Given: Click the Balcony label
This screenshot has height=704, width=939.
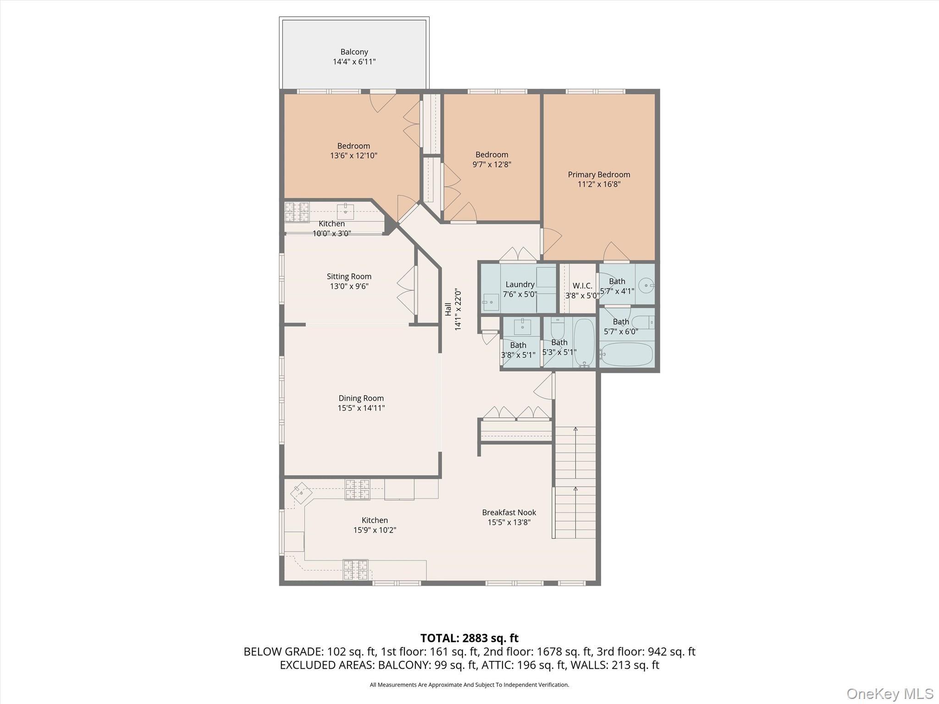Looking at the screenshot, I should [354, 52].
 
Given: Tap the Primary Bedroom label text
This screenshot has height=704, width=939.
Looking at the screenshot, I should [599, 175].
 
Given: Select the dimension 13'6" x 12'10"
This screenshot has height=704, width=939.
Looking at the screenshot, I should [354, 156].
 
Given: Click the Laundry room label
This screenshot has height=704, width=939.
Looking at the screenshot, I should [520, 284].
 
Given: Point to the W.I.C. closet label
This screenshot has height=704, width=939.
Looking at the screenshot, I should [582, 286].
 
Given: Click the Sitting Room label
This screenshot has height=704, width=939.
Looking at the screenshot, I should [349, 276].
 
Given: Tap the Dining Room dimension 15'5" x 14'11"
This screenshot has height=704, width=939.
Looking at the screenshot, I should [361, 408].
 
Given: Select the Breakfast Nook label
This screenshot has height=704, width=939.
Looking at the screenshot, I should [509, 512].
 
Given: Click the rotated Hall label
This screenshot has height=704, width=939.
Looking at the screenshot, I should [448, 309].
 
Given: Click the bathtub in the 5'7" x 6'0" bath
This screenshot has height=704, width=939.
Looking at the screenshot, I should [626, 355].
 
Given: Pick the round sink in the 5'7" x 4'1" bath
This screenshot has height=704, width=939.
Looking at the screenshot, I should [647, 286].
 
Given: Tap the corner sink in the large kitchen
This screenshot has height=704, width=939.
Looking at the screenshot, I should [301, 493].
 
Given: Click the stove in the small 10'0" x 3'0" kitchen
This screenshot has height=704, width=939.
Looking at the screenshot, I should [297, 212].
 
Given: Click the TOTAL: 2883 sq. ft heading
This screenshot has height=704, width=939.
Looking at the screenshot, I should [469, 638].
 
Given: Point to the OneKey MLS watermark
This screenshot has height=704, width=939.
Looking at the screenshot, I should [889, 693].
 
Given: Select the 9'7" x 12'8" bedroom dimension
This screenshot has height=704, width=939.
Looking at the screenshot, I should [492, 165].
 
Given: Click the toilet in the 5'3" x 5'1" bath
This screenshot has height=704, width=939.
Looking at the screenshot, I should [558, 327].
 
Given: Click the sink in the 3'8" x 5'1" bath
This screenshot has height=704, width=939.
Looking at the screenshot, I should [522, 327].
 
